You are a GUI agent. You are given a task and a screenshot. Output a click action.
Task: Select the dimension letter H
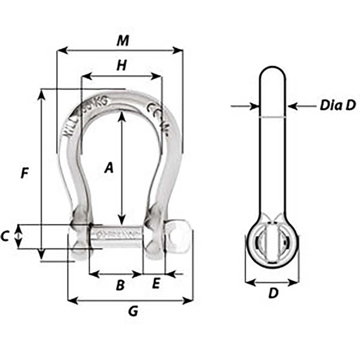[x=121, y=66]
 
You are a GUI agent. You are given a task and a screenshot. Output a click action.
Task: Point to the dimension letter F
[x=24, y=173]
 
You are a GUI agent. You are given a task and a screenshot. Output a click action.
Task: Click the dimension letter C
[x=5, y=236]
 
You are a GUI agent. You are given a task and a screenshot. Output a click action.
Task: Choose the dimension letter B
[x=120, y=284]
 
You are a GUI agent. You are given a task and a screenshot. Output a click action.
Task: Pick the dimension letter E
[x=156, y=284]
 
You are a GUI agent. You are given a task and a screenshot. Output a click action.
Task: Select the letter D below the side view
[x=273, y=293]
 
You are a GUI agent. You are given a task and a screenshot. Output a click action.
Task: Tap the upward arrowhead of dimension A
[x=121, y=117]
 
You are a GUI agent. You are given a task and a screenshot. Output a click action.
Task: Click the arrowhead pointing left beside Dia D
[x=291, y=106]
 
